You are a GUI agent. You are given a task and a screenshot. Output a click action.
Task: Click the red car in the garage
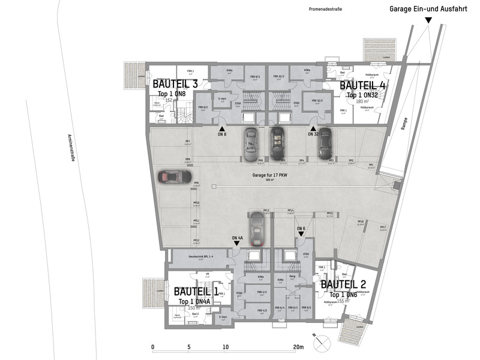[174, 178]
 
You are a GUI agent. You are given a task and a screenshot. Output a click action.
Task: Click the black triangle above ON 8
[222, 128]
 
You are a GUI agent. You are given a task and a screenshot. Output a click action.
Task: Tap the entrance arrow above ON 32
[313, 128]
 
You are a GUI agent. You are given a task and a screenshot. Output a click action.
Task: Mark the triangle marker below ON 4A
[237, 244]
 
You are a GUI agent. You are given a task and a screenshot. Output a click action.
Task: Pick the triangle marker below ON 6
[301, 235]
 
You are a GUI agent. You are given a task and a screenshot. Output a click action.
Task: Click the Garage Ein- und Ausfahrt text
[428, 9]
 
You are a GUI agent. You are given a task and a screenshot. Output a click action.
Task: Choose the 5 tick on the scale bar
[189, 347]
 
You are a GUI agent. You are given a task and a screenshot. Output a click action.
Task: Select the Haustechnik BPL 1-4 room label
[193, 256]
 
